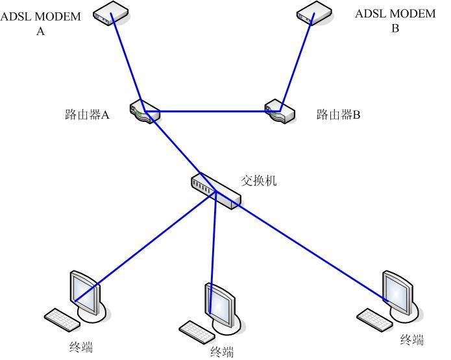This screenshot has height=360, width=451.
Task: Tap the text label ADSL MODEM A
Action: click(40, 22)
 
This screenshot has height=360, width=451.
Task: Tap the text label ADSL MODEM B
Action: click(395, 20)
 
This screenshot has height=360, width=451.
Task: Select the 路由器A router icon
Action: click(144, 112)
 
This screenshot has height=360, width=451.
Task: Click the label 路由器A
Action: click(88, 115)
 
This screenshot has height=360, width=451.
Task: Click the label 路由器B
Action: click(338, 115)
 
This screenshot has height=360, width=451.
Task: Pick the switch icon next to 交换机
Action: click(215, 190)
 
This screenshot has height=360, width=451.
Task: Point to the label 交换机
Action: click(259, 180)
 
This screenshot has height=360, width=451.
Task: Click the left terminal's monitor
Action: click(84, 292)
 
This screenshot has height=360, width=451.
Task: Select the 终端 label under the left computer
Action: click(80, 348)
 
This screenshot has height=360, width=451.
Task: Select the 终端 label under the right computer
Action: click(411, 339)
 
